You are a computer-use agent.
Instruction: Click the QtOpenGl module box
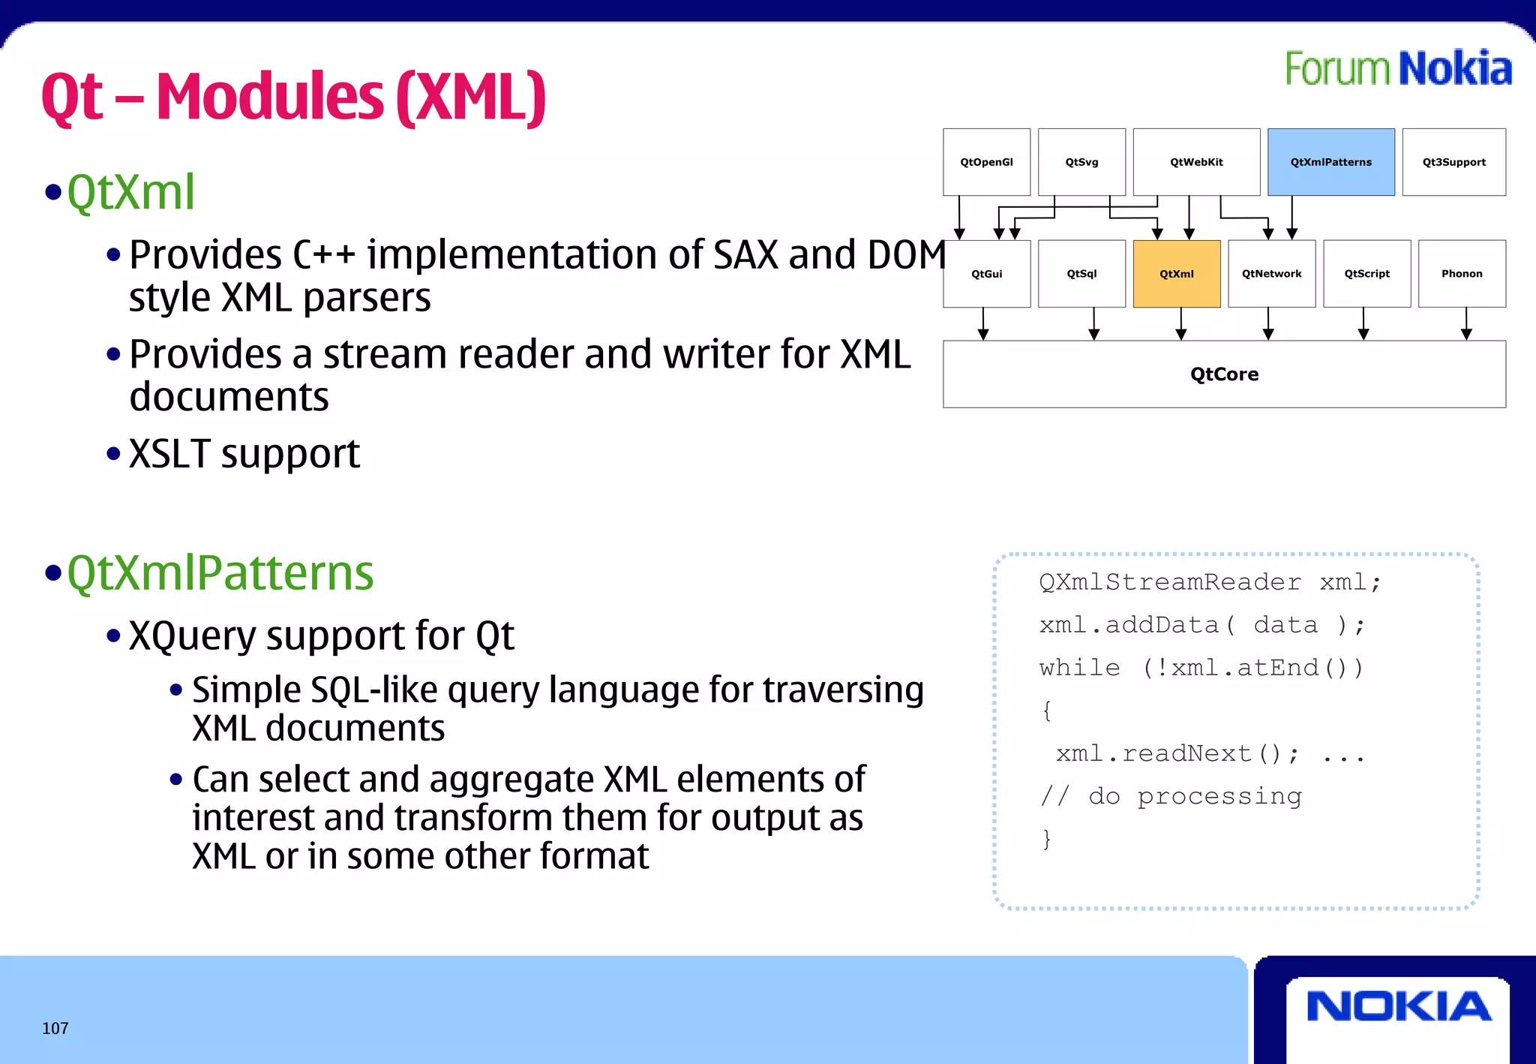tap(986, 162)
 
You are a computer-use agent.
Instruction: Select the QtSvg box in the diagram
tap(1081, 162)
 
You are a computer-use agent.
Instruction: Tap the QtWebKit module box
tap(1196, 162)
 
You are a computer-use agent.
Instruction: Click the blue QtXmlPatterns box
tap(1330, 162)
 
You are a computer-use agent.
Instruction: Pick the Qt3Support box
tap(1453, 162)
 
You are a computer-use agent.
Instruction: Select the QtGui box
tap(986, 274)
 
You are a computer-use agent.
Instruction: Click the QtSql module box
tap(1081, 274)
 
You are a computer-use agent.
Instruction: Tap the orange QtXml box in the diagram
tap(1176, 274)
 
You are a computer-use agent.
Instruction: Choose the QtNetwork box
tap(1271, 274)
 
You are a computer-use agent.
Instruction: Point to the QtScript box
tap(1366, 274)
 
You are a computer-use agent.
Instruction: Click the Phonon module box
tap(1462, 274)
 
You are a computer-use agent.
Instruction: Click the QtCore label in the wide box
tap(1224, 374)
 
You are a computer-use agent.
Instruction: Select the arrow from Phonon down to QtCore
tap(1466, 324)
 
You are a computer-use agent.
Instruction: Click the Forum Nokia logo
tap(1398, 69)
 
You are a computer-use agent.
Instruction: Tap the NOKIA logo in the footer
tap(1398, 1006)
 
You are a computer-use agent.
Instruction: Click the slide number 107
tap(55, 1029)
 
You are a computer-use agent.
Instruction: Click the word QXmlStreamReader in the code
tap(1170, 582)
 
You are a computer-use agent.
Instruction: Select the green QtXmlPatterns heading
tap(220, 573)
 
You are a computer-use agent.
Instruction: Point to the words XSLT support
tap(244, 454)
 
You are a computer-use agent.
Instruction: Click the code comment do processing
tap(1195, 796)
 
